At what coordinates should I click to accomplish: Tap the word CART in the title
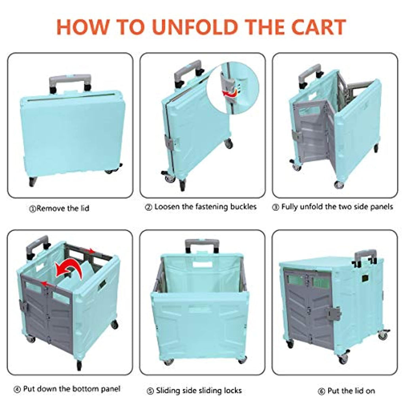(x=318, y=27)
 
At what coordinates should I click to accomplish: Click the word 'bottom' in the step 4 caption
(x=84, y=389)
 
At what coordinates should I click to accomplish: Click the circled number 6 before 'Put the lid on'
(x=321, y=391)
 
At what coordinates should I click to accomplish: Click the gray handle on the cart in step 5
(x=202, y=245)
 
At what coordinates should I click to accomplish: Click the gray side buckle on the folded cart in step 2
(x=171, y=143)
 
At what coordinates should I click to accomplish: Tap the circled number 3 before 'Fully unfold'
(x=276, y=207)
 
